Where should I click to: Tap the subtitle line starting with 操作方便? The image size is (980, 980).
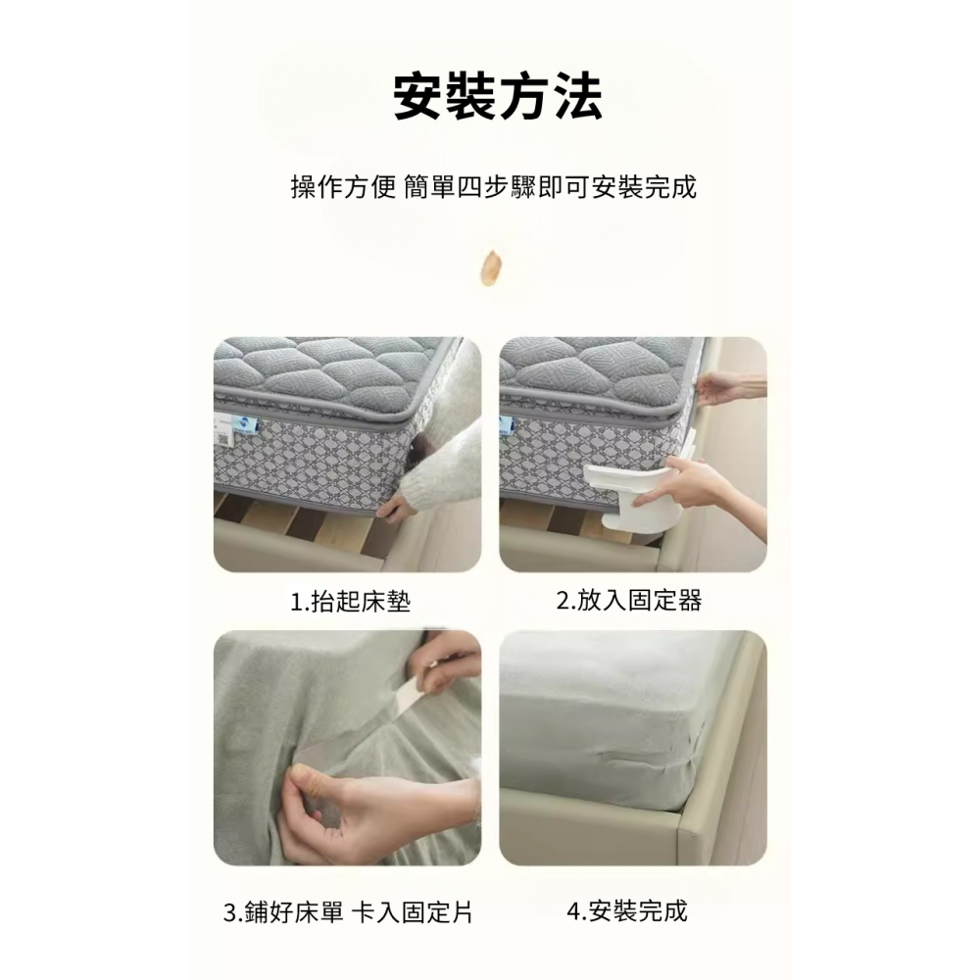coord(494,187)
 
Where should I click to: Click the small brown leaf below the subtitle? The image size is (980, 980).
coord(489,269)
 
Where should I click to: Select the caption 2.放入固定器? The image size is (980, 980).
coord(629,601)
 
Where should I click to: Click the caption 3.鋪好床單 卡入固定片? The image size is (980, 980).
coord(348,913)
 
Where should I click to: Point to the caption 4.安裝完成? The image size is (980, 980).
coord(627,912)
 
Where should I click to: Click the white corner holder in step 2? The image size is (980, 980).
coord(627,495)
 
